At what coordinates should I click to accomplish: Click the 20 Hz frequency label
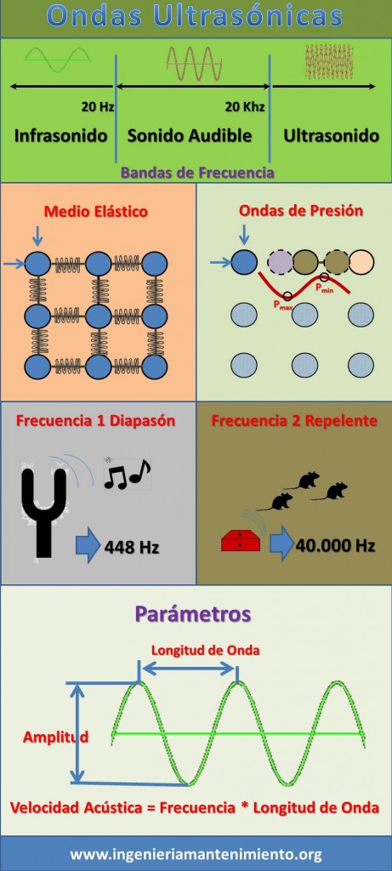[98, 106]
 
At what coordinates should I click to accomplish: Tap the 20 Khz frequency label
[245, 106]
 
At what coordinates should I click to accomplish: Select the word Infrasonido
[60, 135]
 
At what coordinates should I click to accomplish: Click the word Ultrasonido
[332, 135]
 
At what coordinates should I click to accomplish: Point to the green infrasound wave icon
[58, 60]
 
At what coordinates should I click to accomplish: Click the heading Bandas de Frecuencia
[197, 172]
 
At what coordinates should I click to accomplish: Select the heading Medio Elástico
[96, 212]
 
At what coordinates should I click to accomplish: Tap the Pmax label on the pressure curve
[282, 305]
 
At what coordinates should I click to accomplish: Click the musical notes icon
[128, 473]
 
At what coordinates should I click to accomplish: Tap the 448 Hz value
[132, 547]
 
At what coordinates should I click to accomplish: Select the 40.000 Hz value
[335, 545]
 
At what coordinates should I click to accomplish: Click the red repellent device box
[241, 540]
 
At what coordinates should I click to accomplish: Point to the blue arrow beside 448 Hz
[88, 547]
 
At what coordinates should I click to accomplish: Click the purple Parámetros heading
[193, 614]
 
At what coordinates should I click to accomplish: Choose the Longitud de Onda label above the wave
[206, 650]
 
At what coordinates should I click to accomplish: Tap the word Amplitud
[55, 737]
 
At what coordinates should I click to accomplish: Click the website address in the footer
[196, 854]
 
